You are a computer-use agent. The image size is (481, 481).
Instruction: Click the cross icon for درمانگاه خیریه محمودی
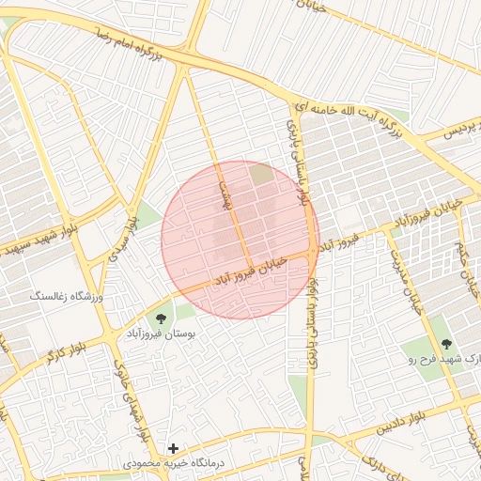tap(172, 448)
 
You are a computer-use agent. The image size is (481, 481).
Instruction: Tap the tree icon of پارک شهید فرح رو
tap(446, 345)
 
